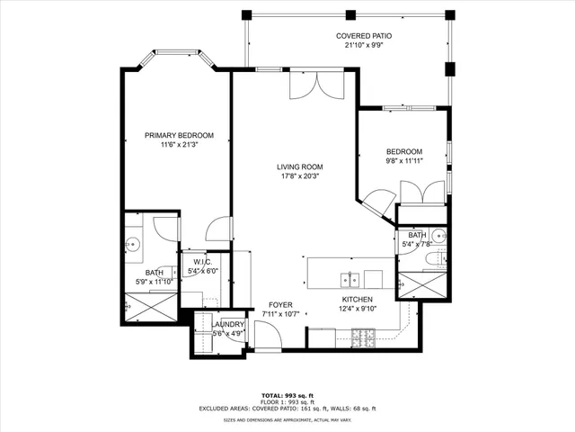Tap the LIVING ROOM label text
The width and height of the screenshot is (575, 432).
coord(299,166)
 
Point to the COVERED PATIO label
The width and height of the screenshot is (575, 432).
coord(364,36)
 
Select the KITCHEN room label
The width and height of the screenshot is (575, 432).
coord(357,300)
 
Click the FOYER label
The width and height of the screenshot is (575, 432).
coord(280,305)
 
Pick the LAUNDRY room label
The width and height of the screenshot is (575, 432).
coord(228,324)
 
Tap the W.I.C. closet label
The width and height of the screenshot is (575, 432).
coord(201,262)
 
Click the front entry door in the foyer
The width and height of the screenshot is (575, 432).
coord(268,336)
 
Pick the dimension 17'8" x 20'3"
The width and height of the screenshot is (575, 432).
coord(299,176)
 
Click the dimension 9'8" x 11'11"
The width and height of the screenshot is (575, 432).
coord(404,161)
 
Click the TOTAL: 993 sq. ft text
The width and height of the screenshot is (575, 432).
coord(287,395)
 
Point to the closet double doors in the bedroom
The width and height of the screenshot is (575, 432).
coord(421,192)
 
